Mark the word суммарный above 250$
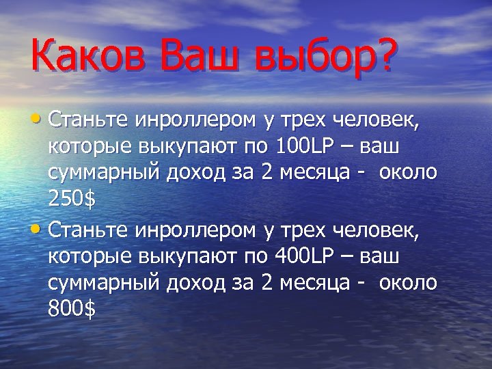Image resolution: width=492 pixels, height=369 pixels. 102,172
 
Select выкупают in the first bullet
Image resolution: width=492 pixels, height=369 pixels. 198,148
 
